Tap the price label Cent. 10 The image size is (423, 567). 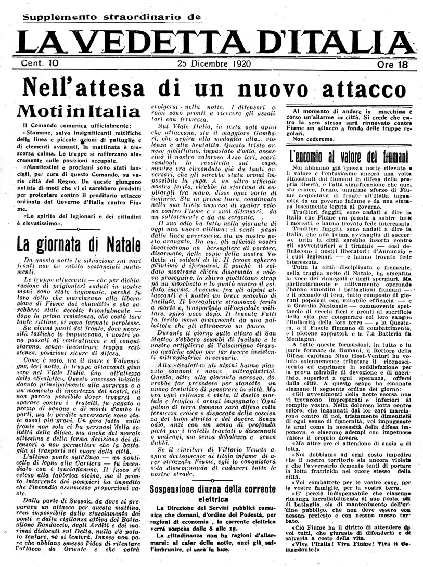click(40, 64)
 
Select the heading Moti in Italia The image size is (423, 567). click(78, 111)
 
